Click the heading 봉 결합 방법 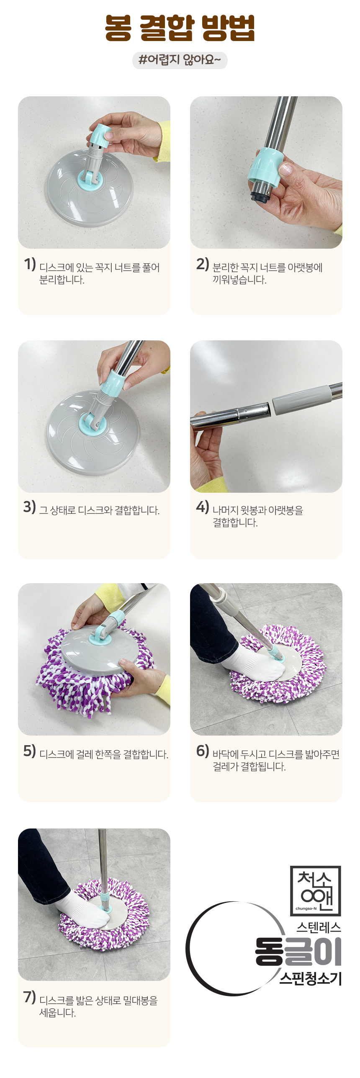click(x=180, y=28)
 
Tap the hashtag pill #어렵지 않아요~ click(x=180, y=60)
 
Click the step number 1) click(x=30, y=264)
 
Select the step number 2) click(x=203, y=264)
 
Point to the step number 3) click(x=30, y=507)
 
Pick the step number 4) click(x=203, y=507)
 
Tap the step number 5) click(x=30, y=751)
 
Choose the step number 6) click(x=203, y=751)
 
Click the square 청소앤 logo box click(x=316, y=890)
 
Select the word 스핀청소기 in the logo click(x=311, y=978)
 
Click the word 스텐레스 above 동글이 click(x=319, y=927)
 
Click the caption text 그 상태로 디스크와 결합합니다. click(x=100, y=510)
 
